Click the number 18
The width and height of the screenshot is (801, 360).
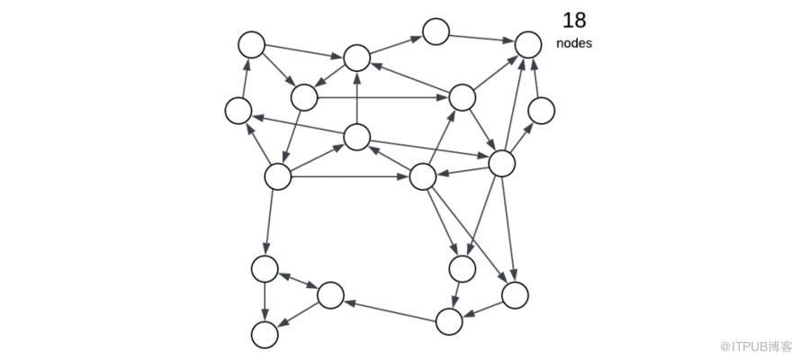click(x=574, y=21)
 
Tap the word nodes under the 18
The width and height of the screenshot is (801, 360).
click(x=574, y=43)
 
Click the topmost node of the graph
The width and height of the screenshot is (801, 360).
click(x=436, y=31)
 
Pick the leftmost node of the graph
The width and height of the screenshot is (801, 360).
click(x=238, y=111)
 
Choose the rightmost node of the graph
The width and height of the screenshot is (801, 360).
click(x=541, y=111)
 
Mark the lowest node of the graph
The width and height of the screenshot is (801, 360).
click(x=265, y=335)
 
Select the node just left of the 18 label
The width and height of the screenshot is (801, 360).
click(x=528, y=45)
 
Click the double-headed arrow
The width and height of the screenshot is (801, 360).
click(x=298, y=281)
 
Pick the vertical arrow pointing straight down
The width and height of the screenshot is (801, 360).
click(x=265, y=301)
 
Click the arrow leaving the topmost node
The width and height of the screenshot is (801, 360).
click(x=481, y=38)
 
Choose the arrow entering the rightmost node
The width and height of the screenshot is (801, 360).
click(x=522, y=138)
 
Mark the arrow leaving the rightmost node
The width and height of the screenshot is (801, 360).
click(x=535, y=77)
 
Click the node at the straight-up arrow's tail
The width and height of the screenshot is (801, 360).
click(x=356, y=138)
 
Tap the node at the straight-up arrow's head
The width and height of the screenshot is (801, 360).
click(x=356, y=58)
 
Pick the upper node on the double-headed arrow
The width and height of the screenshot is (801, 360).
click(x=265, y=268)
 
